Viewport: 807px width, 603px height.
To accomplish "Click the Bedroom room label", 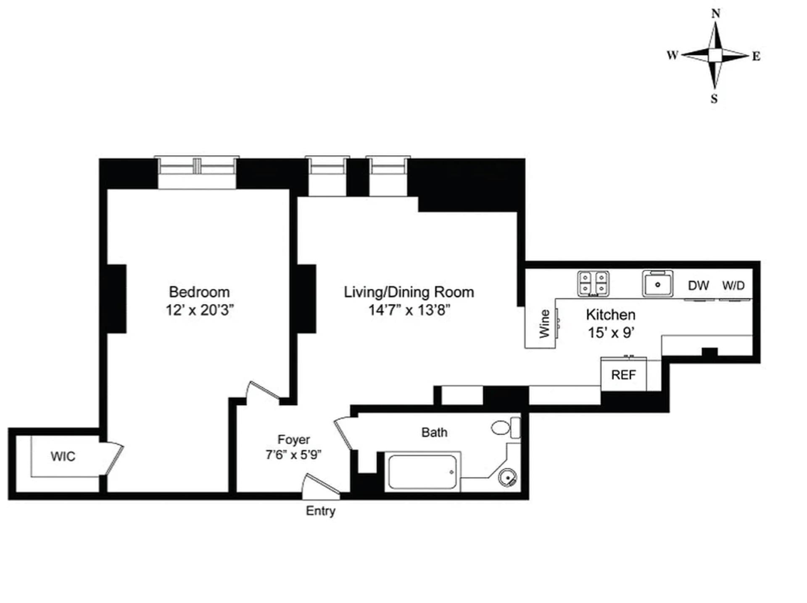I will pos(199,292).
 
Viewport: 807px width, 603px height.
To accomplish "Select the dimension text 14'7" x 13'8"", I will pos(409,310).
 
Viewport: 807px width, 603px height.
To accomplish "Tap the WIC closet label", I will pos(63,456).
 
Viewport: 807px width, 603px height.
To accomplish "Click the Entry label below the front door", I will pos(320,511).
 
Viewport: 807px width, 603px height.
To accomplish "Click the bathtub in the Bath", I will pos(422,472).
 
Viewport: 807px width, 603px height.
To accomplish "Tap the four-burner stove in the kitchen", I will pos(593,283).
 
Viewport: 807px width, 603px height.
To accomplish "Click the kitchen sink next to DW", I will pos(657,284).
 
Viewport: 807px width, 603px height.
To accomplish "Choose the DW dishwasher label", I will pos(698,286).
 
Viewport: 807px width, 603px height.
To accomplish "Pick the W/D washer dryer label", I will pos(733,286).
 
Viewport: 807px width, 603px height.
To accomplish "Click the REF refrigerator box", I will pos(623,375).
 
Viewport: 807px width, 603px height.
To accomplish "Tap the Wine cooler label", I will pos(544,323).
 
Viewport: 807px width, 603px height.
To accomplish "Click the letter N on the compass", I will pos(715,14).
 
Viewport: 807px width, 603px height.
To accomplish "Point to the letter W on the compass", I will pos(672,56).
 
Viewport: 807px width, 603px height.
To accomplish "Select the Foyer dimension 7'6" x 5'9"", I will pos(293,455).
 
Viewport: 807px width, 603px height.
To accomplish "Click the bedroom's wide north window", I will pos(197,168).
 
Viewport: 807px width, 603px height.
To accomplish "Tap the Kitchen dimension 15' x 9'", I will pos(610,333).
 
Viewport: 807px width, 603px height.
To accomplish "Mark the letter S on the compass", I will pos(714,99).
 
